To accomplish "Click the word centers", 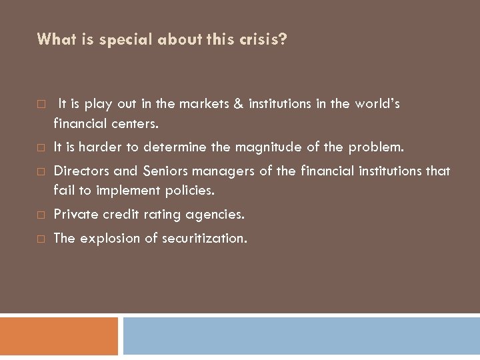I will [136, 123].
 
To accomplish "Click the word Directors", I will [81, 171].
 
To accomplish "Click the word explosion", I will [109, 238].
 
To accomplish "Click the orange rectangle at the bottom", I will [59, 336].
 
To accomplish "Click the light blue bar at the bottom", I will [301, 336].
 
